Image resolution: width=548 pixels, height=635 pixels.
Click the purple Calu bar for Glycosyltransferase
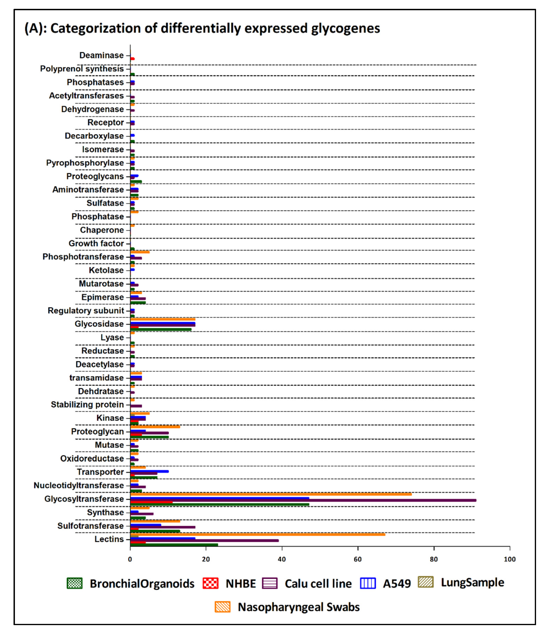click(x=303, y=500)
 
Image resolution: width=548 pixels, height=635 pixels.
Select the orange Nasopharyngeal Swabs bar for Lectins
click(x=257, y=534)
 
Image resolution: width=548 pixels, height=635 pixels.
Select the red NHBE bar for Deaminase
click(x=132, y=58)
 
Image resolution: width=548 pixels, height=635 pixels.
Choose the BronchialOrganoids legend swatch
click(x=74, y=583)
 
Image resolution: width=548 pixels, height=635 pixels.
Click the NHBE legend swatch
click(x=210, y=583)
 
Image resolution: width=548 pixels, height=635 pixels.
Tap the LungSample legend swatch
click(x=425, y=582)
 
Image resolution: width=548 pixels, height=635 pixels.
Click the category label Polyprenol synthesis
click(x=82, y=69)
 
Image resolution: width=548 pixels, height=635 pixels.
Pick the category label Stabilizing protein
click(x=87, y=405)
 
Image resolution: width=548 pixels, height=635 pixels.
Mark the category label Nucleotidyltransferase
click(x=79, y=485)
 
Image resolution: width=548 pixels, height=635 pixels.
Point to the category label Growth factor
click(x=96, y=243)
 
